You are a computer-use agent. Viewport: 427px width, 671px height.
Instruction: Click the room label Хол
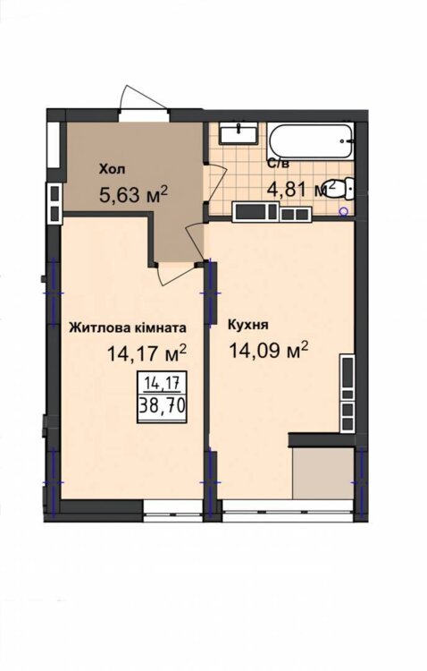113,169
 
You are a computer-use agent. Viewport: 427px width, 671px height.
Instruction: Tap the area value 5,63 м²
132,194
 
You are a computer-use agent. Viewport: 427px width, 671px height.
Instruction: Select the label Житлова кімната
128,328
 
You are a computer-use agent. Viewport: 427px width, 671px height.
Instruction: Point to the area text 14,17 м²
147,353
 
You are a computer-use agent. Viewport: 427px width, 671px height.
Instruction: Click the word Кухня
248,325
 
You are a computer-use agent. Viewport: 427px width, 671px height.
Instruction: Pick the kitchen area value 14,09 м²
269,350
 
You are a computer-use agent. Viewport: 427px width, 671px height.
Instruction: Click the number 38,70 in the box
162,405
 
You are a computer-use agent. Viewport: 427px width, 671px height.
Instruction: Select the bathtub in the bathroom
310,140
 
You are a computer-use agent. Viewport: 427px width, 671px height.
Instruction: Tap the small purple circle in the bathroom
343,211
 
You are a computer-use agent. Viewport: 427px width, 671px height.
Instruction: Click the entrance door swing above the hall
142,98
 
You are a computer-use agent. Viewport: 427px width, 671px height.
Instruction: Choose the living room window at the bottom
172,512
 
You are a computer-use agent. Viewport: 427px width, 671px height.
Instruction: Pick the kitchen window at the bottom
289,511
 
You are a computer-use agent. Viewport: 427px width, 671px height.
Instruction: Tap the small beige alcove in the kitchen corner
323,473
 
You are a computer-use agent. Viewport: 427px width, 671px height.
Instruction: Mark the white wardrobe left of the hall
54,145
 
